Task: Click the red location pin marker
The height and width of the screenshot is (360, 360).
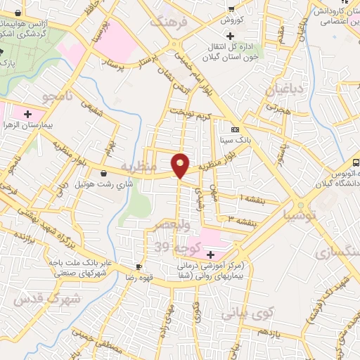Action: tap(181, 165)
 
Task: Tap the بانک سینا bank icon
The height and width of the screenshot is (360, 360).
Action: tap(235, 129)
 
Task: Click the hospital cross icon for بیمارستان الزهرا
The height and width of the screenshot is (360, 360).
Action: tap(28, 114)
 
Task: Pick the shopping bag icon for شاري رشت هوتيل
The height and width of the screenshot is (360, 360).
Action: tap(104, 172)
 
